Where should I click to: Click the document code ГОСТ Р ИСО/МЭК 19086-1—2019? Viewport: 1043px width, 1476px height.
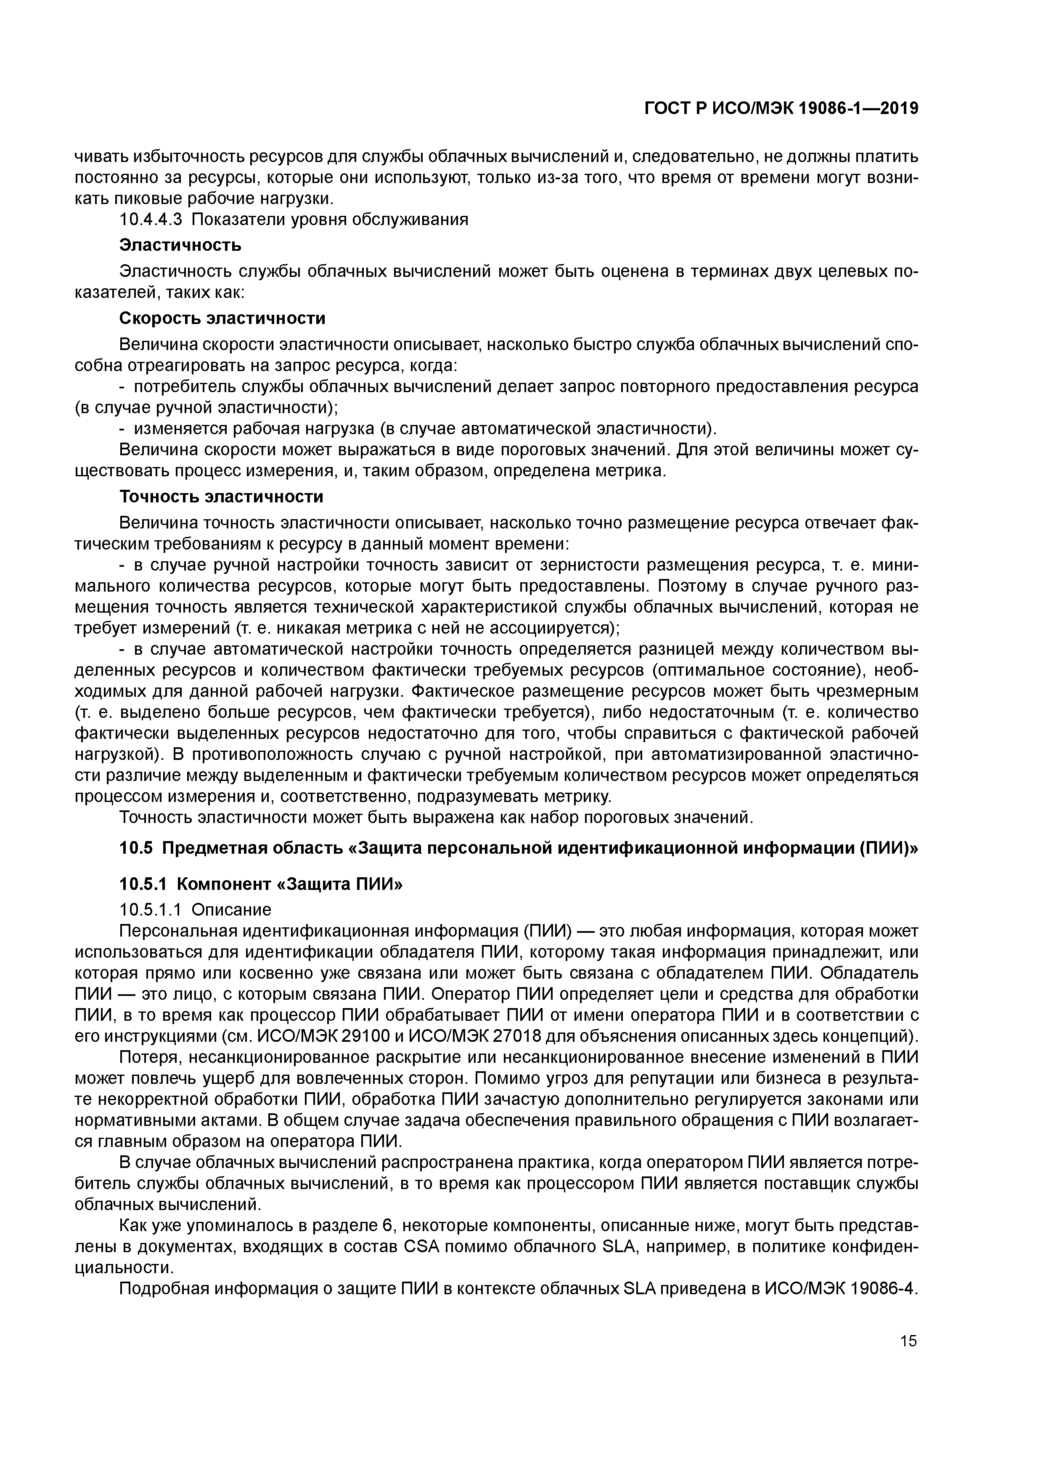(x=781, y=109)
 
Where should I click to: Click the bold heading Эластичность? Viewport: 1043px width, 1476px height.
(x=180, y=245)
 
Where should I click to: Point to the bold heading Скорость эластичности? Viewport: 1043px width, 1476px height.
(x=222, y=318)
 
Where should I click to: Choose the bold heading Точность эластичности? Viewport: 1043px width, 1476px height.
(x=221, y=497)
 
